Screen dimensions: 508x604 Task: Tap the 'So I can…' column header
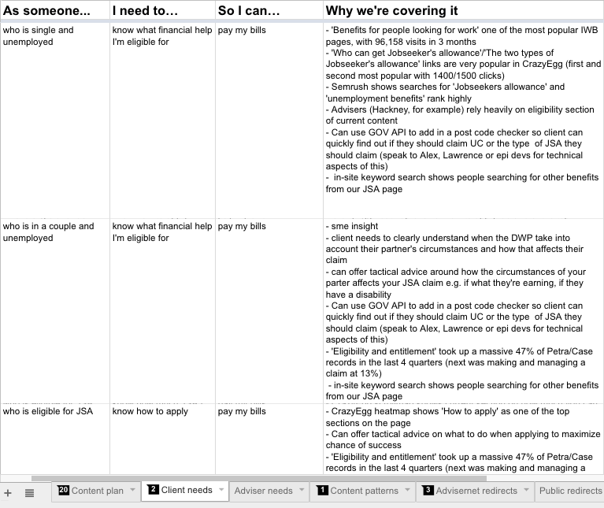(249, 10)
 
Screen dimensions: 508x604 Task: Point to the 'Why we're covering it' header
(391, 10)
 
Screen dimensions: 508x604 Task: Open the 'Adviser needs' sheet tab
(263, 491)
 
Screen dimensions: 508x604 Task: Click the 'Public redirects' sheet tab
(570, 491)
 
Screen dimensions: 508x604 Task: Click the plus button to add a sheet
(8, 492)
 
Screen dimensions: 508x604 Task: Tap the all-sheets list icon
(29, 492)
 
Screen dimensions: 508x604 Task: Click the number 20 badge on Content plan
(64, 490)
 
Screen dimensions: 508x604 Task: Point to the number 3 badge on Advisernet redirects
(428, 490)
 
